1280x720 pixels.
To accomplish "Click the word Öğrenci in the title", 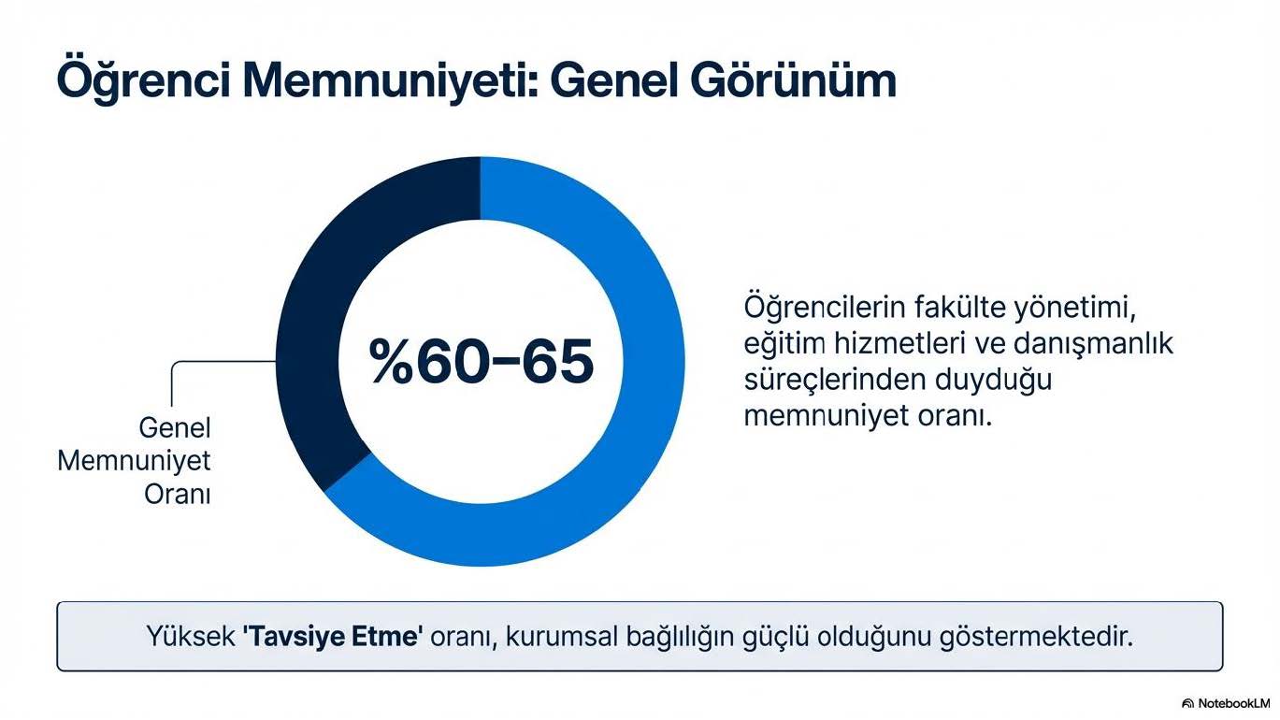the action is tap(143, 80).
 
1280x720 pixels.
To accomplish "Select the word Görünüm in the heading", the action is tap(793, 80).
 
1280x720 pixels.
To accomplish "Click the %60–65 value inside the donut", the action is tap(482, 361).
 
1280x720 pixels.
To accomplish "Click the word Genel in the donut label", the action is tap(174, 427).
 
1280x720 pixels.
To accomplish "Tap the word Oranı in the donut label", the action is tap(177, 495).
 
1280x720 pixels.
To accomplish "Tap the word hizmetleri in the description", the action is tap(899, 344).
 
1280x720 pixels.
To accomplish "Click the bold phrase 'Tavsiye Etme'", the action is tap(333, 636).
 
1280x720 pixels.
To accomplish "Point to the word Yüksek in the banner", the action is tap(191, 636).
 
